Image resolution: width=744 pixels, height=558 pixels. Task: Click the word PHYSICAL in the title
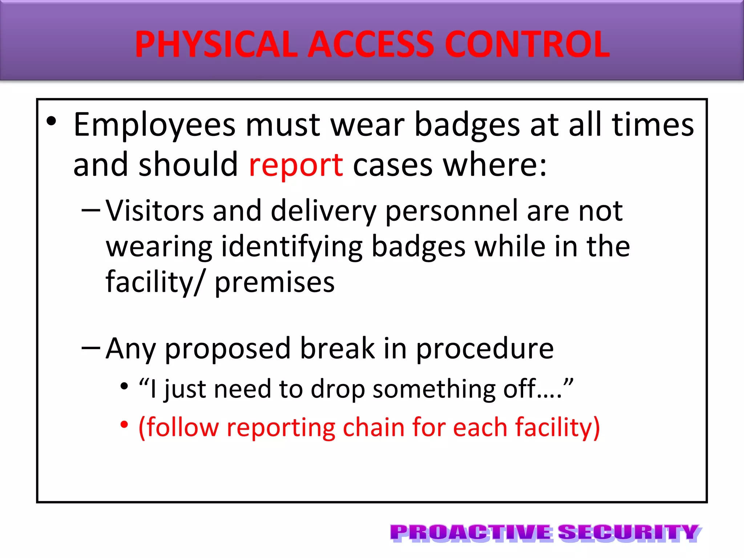tap(216, 44)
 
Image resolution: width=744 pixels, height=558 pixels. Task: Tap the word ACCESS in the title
tap(371, 44)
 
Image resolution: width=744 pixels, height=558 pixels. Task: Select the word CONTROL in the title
tap(527, 44)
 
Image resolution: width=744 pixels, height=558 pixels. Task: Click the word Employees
tap(154, 125)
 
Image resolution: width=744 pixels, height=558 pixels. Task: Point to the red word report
tap(296, 165)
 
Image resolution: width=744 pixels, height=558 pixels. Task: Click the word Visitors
tap(155, 211)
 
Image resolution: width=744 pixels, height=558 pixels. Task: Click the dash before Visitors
tap(91, 210)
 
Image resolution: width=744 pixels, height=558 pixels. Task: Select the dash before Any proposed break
tap(91, 348)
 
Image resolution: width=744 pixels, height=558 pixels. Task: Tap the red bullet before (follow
tap(124, 424)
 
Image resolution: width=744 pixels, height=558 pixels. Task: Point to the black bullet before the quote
tap(124, 386)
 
